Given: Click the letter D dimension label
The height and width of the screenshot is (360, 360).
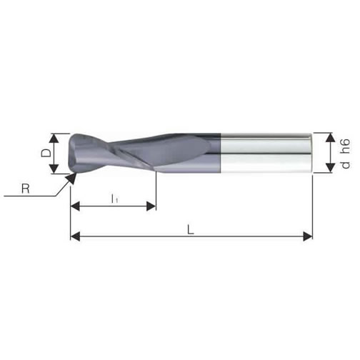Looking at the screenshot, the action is click(x=46, y=153).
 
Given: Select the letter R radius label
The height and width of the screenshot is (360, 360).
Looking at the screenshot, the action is click(x=26, y=189).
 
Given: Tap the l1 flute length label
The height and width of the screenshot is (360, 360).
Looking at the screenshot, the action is click(x=114, y=199).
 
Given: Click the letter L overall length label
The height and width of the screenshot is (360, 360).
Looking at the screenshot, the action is click(x=190, y=230).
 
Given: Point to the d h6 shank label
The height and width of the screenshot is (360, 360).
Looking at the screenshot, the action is click(x=345, y=154).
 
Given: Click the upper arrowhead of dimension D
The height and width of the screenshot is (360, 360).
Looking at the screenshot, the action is click(x=55, y=139).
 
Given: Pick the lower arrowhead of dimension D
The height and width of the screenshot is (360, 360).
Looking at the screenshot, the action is click(x=55, y=169).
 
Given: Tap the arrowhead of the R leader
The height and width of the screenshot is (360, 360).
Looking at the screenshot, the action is click(x=71, y=178).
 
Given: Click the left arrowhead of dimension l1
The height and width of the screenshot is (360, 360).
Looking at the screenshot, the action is click(x=75, y=206).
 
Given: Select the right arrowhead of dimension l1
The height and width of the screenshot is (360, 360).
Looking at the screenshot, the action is click(x=151, y=206).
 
